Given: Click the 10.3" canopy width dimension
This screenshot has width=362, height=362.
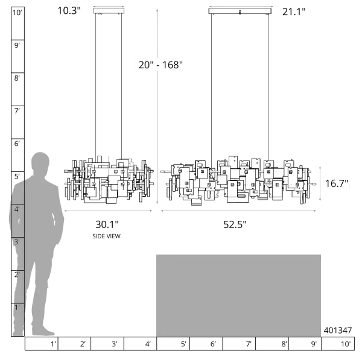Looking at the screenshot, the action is point(69,11).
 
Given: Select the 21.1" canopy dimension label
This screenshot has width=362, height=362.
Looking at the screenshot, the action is point(294,12).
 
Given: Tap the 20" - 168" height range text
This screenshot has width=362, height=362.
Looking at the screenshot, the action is point(160,65).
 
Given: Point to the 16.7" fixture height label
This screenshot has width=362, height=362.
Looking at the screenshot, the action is point(337,184).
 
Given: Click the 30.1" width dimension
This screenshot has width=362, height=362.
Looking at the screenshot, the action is point(107,224).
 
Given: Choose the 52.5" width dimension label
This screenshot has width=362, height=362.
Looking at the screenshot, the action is point(235,224).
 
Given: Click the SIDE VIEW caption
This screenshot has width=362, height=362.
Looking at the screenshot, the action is point(106,236).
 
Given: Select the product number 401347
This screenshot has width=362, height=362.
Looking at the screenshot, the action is point(338,331).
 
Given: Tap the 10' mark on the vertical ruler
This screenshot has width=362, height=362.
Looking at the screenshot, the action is point(17,13).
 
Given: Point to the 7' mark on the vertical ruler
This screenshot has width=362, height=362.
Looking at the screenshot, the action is point(17,111).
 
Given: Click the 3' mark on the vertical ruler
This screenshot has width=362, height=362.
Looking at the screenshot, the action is point(17,242).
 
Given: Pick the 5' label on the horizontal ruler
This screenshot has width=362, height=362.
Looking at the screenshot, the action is point(183,344).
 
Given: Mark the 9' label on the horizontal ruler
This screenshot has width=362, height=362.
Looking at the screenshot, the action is point(314,344).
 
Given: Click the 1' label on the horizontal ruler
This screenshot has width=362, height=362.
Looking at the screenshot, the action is point(53,344).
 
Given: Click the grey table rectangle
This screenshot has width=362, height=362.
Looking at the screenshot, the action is point(238,296).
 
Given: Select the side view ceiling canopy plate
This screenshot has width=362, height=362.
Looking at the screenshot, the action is point(109,11).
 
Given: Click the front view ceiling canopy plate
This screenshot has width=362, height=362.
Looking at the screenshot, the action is point(240,11).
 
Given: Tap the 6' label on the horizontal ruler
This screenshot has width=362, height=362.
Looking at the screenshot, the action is point(213,344).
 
